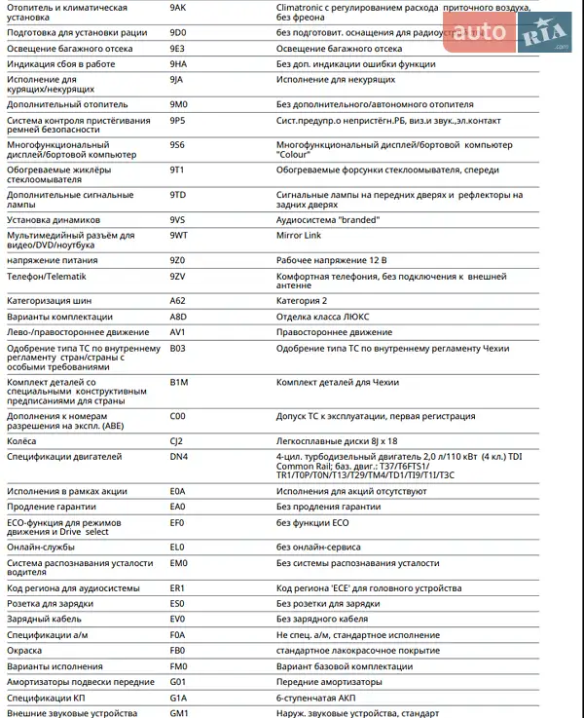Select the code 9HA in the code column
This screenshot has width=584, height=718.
(177, 63)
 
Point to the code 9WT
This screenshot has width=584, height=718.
(178, 235)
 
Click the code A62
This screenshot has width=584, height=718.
(177, 301)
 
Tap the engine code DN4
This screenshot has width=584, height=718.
(178, 456)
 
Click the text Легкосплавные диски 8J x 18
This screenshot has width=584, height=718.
(337, 440)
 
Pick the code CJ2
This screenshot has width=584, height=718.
(176, 440)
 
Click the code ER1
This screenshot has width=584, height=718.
(177, 588)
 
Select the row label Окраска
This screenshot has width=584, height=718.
(25, 649)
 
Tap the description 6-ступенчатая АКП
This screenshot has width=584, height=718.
(320, 697)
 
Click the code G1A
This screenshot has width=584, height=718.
(177, 697)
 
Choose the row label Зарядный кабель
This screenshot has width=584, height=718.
(43, 619)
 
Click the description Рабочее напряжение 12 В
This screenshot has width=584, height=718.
(331, 260)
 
